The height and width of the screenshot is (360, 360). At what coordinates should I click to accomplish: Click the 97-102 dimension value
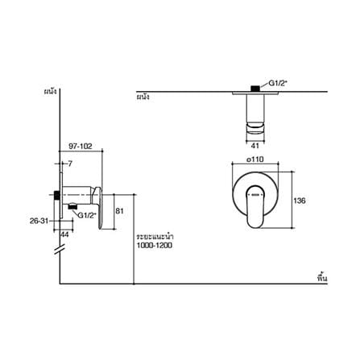pyautogui.click(x=81, y=147)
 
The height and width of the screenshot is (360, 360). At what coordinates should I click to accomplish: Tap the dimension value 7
pyautogui.click(x=70, y=163)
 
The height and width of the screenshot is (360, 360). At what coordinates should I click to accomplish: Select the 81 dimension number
pyautogui.click(x=119, y=211)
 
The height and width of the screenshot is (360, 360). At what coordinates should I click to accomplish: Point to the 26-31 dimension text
pyautogui.click(x=39, y=221)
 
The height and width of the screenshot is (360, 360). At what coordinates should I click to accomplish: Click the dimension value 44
pyautogui.click(x=64, y=234)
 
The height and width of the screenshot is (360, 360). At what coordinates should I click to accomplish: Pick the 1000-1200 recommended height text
pyautogui.click(x=155, y=246)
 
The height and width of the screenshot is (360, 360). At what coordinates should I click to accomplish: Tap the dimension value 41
pyautogui.click(x=254, y=146)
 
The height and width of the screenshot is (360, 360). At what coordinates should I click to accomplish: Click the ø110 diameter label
pyautogui.click(x=255, y=159)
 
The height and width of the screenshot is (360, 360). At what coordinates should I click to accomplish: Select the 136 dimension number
pyautogui.click(x=300, y=201)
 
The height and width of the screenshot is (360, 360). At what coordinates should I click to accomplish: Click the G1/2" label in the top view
pyautogui.click(x=278, y=83)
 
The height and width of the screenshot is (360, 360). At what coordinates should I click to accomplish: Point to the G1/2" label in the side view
pyautogui.click(x=87, y=215)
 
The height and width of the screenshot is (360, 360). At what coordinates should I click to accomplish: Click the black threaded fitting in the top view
pyautogui.click(x=255, y=89)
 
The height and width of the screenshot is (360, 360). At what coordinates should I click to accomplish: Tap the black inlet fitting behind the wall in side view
pyautogui.click(x=56, y=195)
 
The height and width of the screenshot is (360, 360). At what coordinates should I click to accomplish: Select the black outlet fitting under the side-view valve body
pyautogui.click(x=72, y=207)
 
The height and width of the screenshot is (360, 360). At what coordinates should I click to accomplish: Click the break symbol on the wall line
pyautogui.click(x=60, y=250)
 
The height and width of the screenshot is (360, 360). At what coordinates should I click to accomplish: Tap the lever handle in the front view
pyautogui.click(x=255, y=206)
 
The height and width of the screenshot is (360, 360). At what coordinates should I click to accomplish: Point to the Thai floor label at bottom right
pyautogui.click(x=322, y=278)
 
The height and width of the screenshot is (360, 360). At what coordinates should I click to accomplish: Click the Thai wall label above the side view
pyautogui.click(x=51, y=92)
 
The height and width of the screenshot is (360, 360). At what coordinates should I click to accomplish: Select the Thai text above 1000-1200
pyautogui.click(x=155, y=237)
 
